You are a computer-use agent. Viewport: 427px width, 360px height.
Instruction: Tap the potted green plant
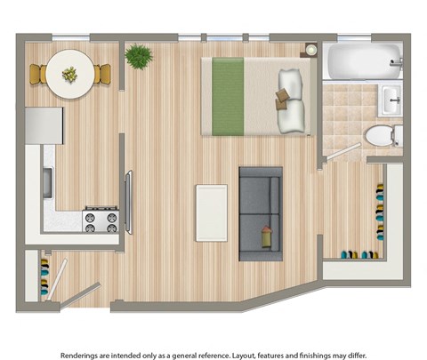point(138,58)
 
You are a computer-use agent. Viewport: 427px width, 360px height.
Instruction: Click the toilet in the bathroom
point(382,136)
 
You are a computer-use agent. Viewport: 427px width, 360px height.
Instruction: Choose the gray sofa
point(261,213)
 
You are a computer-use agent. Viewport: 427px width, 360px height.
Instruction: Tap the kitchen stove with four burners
point(101,220)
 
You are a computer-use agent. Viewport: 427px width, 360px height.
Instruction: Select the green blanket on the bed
point(222,95)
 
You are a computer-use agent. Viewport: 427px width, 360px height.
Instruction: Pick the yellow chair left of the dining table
point(37,75)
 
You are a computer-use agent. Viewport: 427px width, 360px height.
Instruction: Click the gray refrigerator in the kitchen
point(43,127)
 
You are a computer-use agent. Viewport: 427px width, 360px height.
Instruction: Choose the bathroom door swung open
point(336,151)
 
